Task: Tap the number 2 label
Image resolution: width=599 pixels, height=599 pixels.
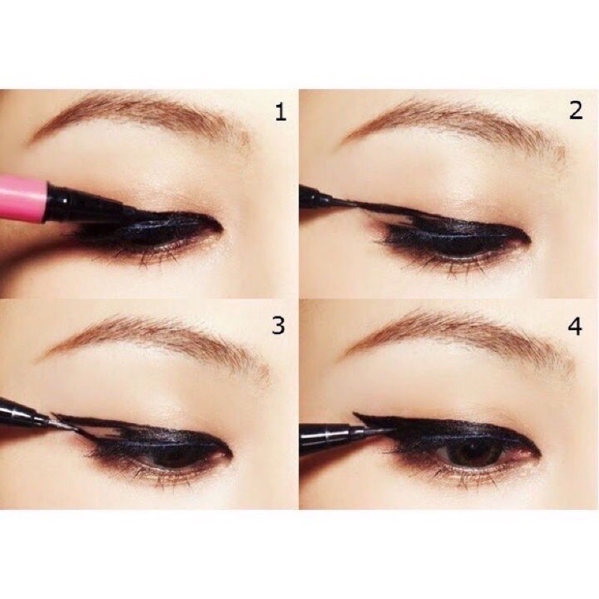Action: tap(575, 112)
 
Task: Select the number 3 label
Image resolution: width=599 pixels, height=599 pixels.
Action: tap(279, 325)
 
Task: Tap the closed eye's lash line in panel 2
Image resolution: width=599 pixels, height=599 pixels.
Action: tap(449, 240)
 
